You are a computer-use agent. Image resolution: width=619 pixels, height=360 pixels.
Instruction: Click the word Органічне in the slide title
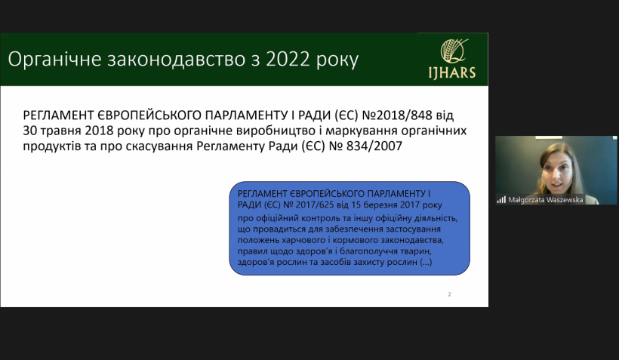click(55, 60)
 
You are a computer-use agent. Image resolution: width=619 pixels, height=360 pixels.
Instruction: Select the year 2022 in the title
click(288, 59)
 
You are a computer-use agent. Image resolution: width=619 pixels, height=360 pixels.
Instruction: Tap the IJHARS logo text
click(452, 72)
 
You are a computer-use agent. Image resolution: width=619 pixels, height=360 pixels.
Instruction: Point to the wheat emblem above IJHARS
click(454, 51)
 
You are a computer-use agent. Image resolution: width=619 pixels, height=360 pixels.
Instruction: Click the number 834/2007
click(374, 146)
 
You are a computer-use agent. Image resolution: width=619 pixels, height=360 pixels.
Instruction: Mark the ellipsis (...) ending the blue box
click(426, 262)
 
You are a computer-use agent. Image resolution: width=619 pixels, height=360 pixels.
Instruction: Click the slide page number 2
click(450, 294)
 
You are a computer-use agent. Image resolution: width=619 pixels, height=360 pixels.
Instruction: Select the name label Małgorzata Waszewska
click(546, 200)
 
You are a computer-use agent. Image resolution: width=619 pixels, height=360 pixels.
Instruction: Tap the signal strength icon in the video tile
click(501, 200)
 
